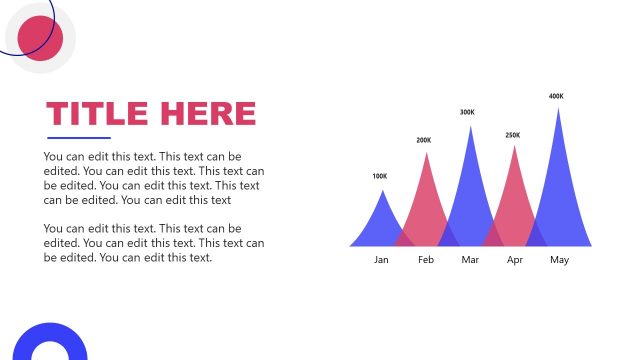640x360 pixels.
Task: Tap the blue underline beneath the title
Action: tap(79, 138)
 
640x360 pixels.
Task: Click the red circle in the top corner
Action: tap(41, 38)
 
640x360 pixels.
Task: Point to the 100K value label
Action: tap(380, 177)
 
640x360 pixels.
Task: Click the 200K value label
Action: tap(424, 140)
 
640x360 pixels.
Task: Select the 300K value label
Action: tap(467, 113)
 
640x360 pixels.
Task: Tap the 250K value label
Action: tap(513, 135)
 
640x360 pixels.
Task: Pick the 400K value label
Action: tap(556, 97)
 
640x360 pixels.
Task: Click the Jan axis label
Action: tap(381, 260)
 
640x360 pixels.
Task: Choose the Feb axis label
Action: tap(426, 260)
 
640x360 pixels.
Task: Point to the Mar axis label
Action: tap(471, 260)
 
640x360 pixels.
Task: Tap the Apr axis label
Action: tap(515, 260)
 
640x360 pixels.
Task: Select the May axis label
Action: tap(559, 260)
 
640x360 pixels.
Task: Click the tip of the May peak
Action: tap(558, 108)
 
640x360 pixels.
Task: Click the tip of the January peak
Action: tap(381, 190)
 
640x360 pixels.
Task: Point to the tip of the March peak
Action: tap(470, 126)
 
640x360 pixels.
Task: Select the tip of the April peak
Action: tap(515, 147)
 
